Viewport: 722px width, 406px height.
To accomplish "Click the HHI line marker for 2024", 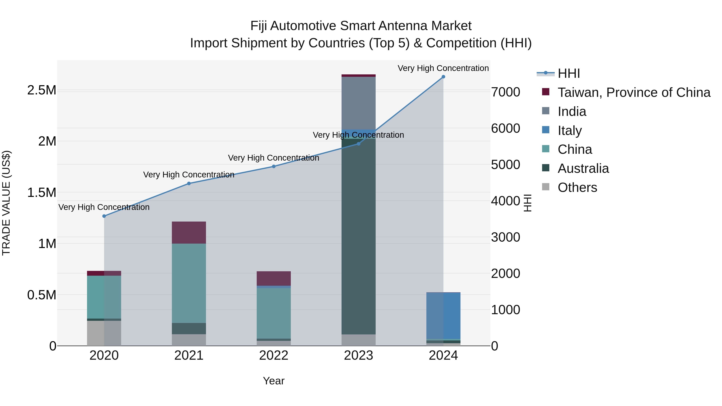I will [x=443, y=77].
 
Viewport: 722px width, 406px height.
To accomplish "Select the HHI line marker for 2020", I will [x=104, y=216].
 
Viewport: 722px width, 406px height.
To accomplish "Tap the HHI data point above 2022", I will [x=274, y=166].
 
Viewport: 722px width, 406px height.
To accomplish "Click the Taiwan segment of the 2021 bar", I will [x=189, y=233].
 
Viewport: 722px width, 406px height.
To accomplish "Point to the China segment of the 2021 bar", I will [x=189, y=283].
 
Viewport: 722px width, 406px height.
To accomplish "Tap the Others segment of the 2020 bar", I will [x=104, y=333].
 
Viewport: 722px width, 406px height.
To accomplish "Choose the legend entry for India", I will [x=572, y=111].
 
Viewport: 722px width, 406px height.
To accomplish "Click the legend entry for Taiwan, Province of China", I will [x=633, y=92].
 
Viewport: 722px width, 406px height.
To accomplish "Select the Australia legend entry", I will [x=583, y=168].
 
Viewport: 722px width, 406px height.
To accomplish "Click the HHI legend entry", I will [x=568, y=73].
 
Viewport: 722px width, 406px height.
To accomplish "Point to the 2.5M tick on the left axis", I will [x=42, y=90].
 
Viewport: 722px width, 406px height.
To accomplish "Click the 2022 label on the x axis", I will [x=274, y=355].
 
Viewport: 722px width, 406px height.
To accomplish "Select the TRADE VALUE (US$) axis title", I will [x=6, y=203].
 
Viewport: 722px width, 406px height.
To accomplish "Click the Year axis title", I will [x=274, y=381].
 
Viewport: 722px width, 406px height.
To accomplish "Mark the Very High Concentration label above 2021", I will [x=189, y=175].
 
